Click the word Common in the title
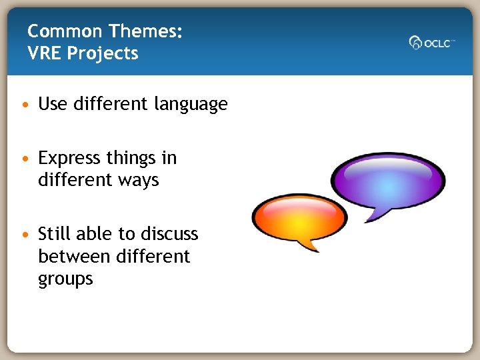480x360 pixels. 65,31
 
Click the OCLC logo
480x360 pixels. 431,43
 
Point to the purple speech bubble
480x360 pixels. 387,179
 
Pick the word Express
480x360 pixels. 69,159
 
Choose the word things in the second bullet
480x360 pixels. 130,159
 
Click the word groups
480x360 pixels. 65,279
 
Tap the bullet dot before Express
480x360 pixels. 25,159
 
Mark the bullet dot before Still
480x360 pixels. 25,235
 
